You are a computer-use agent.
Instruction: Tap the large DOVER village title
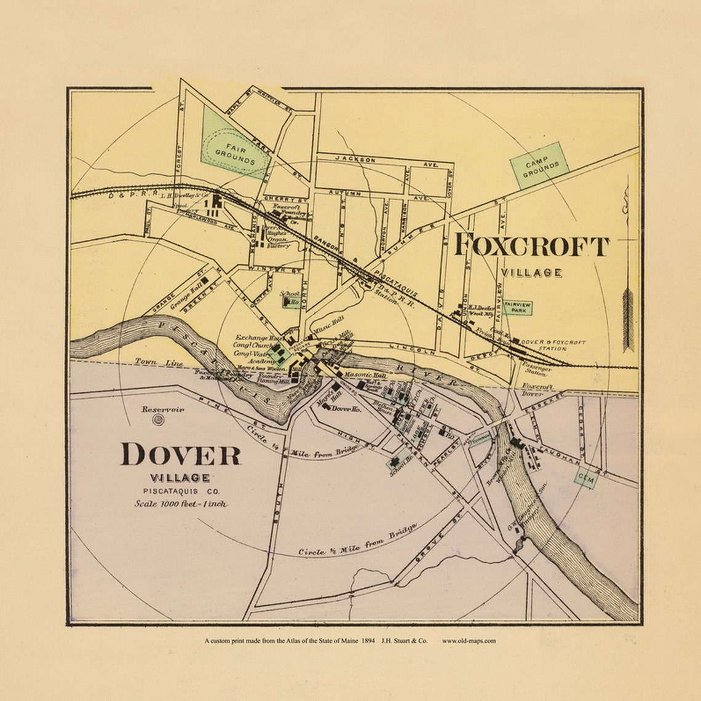(x=180, y=454)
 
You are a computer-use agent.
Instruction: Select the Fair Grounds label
(x=235, y=154)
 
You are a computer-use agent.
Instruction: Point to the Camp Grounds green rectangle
(x=539, y=165)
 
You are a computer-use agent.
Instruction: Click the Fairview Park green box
(x=517, y=307)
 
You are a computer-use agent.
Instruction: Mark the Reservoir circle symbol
(x=159, y=420)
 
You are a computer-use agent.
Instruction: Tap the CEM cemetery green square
(x=585, y=477)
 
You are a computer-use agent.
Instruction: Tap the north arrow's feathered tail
(x=627, y=320)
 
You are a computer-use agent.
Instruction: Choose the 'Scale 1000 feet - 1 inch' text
(x=181, y=504)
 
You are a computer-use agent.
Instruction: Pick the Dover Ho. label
(x=346, y=408)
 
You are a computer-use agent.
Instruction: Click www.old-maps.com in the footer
(x=469, y=641)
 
